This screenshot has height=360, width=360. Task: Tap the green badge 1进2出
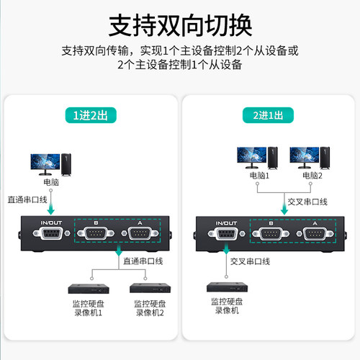point(89,114)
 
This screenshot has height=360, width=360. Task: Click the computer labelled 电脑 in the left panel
point(50,163)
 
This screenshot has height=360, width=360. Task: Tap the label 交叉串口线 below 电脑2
point(307,201)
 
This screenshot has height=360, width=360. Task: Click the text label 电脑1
point(258,175)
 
